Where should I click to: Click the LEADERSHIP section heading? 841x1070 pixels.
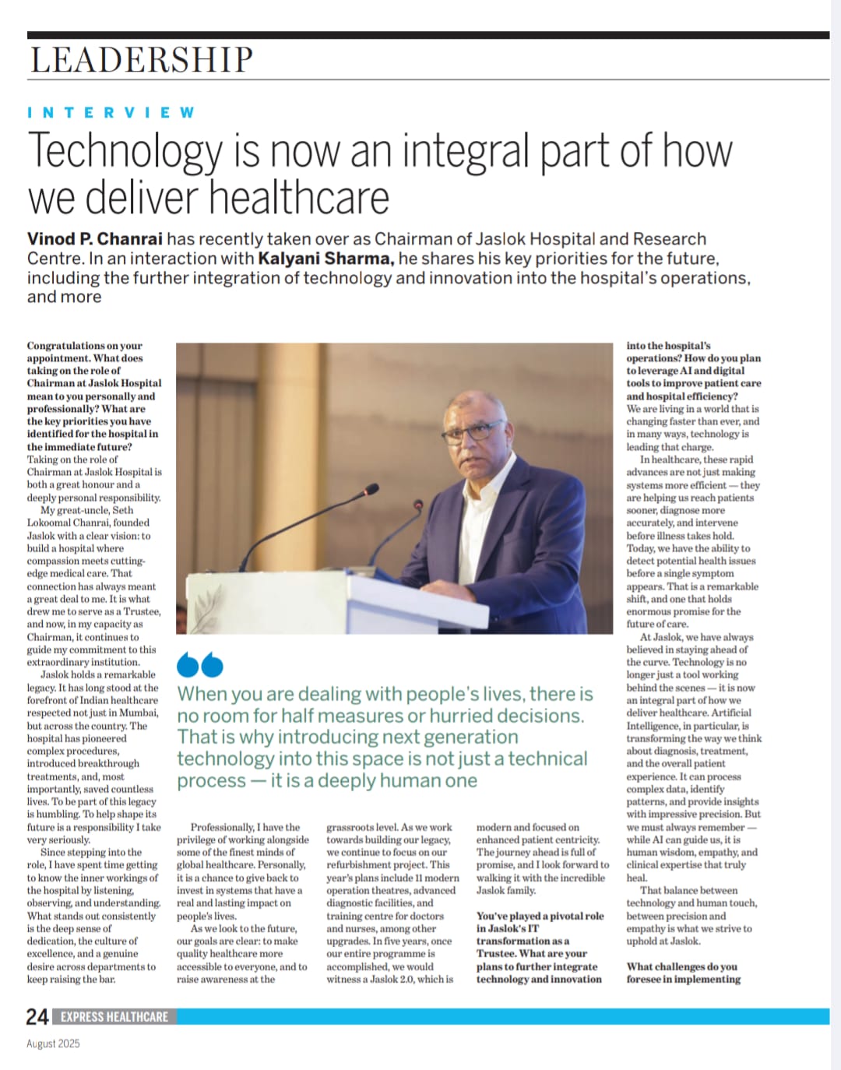pyautogui.click(x=142, y=60)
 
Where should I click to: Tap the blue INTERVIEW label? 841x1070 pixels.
pyautogui.click(x=111, y=113)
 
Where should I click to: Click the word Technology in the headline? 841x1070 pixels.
pyautogui.click(x=125, y=152)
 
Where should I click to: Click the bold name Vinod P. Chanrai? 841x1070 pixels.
pyautogui.click(x=95, y=239)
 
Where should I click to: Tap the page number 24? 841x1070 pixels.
pyautogui.click(x=37, y=1016)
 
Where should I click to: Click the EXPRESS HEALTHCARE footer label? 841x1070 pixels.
pyautogui.click(x=114, y=1016)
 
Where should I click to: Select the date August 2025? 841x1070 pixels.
pyautogui.click(x=53, y=1044)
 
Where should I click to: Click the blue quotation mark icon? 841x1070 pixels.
pyautogui.click(x=200, y=664)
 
